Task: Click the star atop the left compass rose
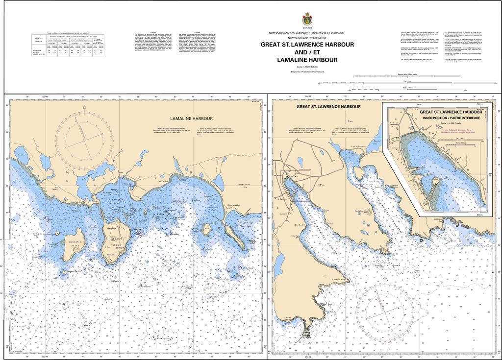84,107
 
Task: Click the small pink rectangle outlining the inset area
299,173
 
